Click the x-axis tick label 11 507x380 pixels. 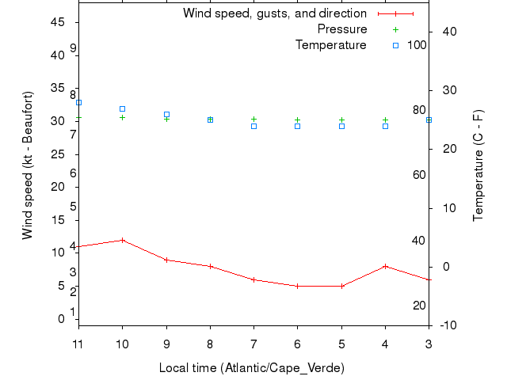pos(78,344)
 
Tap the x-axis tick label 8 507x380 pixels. pos(210,344)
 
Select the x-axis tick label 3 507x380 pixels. pos(429,344)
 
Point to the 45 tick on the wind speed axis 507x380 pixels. pos(58,22)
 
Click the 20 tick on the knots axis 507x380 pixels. pos(58,187)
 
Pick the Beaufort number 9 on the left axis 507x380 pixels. pos(73,48)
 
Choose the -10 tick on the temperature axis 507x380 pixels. pos(447,325)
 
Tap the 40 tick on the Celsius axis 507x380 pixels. pos(447,31)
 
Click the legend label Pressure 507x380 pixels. pos(341,29)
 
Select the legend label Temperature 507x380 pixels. pos(331,45)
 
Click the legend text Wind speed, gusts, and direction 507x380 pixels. pos(275,13)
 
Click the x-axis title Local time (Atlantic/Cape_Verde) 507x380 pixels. pos(252,368)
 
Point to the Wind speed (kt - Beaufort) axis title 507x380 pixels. pos(28,165)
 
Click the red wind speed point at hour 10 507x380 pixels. pos(122,240)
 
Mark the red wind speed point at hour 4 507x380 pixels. pos(385,266)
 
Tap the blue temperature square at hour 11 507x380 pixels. pos(78,102)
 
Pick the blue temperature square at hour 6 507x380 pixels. pos(298,126)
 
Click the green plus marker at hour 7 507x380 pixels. pos(253,119)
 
